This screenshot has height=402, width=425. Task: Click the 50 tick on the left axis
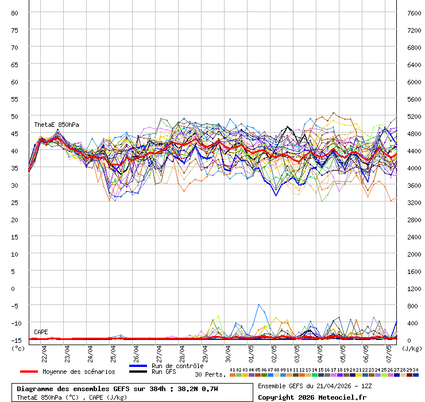tap(15, 116)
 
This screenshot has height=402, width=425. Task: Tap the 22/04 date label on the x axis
tap(45, 351)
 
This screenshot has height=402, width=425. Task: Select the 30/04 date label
tap(229, 351)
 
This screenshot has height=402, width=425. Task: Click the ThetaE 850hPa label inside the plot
tap(56, 125)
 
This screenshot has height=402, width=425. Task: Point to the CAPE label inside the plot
tap(41, 332)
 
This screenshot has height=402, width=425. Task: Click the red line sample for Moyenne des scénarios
tap(29, 372)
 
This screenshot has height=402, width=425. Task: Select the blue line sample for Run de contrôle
tap(138, 366)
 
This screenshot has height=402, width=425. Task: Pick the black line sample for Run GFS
tap(138, 372)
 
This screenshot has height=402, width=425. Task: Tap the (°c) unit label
tap(18, 348)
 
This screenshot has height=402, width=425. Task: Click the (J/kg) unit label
tap(412, 348)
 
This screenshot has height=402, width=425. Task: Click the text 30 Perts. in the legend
tap(210, 374)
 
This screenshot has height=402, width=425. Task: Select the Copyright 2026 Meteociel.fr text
tap(312, 397)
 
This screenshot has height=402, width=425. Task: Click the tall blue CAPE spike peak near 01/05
tap(259, 304)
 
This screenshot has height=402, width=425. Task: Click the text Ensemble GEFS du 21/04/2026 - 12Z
tap(315, 386)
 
